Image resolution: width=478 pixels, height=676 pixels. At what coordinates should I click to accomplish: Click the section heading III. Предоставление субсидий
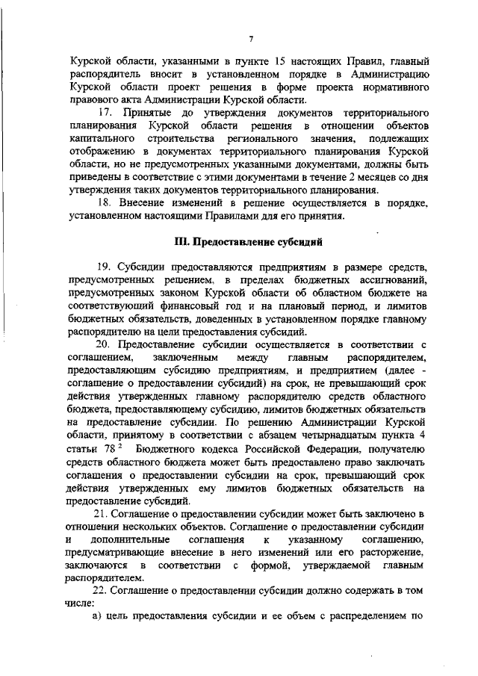tap(247, 242)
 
